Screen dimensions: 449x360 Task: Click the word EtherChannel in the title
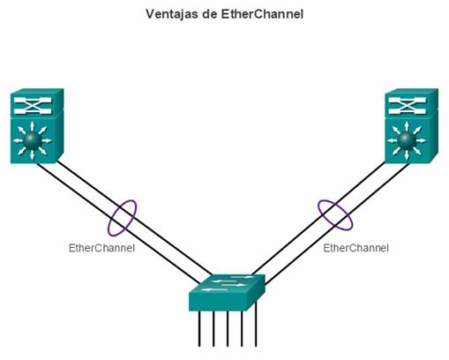pos(262,14)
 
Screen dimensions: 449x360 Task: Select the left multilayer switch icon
pos(37,126)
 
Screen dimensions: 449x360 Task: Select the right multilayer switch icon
pos(411,126)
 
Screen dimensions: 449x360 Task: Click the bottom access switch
pos(227,293)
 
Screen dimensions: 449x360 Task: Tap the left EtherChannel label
pos(101,248)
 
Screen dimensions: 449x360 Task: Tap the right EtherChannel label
pos(355,248)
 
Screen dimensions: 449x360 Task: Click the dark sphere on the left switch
pos(32,140)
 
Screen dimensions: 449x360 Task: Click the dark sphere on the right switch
pos(407,140)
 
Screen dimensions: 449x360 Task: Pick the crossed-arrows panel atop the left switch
pos(33,105)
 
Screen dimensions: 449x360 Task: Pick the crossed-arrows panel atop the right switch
pos(408,105)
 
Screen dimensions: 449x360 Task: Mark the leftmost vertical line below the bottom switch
pos(199,328)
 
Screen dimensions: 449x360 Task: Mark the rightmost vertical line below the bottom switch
pos(256,324)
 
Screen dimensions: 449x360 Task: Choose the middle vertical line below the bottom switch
pos(228,328)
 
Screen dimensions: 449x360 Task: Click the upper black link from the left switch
pos(134,218)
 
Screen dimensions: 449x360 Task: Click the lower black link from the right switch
pos(337,224)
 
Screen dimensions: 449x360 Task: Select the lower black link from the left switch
pos(117,223)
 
